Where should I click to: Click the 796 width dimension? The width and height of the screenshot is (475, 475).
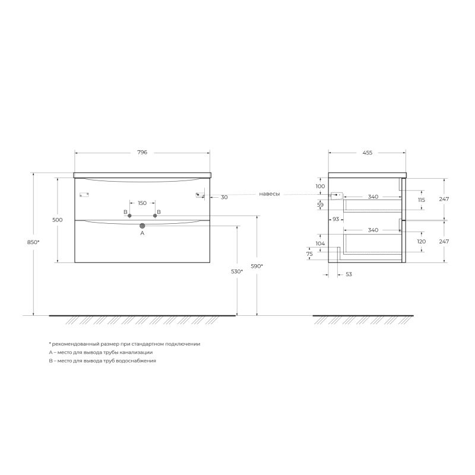(142, 153)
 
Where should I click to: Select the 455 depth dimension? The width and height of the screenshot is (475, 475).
(367, 153)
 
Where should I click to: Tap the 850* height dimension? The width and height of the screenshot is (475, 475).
(33, 242)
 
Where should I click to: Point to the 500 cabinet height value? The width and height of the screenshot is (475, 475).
(57, 220)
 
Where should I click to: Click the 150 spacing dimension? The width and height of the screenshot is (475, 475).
(142, 203)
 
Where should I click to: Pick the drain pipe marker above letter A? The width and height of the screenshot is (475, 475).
(142, 226)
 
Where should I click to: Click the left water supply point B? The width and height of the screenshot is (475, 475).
(129, 216)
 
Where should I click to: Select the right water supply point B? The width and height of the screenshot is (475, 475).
(155, 216)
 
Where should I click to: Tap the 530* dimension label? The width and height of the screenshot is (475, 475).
(237, 271)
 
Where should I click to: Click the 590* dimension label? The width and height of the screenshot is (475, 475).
(257, 266)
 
